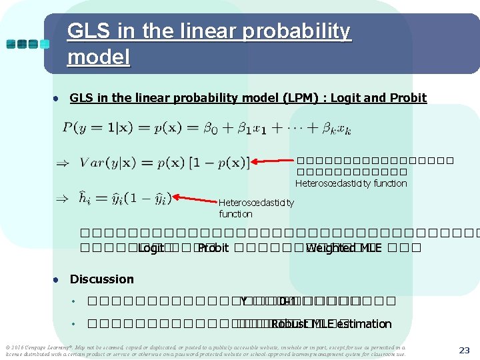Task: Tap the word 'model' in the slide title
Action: click(99, 57)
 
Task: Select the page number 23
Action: click(465, 350)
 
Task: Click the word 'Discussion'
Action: click(101, 279)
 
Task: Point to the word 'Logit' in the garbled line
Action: click(151, 248)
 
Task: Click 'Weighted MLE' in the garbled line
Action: click(341, 248)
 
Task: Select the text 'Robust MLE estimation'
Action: click(331, 324)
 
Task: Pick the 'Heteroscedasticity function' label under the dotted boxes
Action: click(351, 183)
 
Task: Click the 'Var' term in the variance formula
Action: click(91, 162)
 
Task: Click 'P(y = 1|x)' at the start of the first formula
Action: click(92, 127)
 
